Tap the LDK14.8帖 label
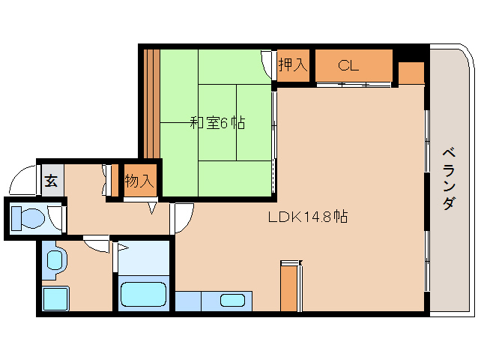click(307, 217)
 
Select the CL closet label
click(348, 65)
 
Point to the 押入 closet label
click(292, 65)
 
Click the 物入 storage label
click(139, 181)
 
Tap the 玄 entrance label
click(51, 181)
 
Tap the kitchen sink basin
click(233, 301)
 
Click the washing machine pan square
click(55, 298)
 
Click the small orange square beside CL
click(410, 73)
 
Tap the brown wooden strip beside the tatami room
click(151, 101)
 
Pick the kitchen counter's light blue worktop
click(189, 301)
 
